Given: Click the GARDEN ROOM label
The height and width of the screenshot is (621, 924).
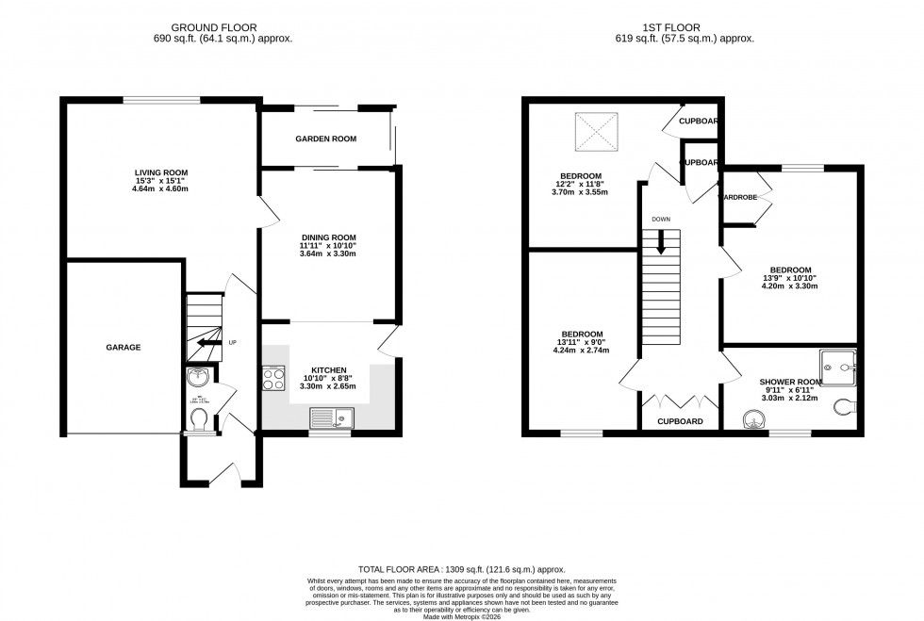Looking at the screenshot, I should (x=325, y=139).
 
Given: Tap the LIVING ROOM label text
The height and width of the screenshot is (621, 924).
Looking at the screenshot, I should (x=161, y=172).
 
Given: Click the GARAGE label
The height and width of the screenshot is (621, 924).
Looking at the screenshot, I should (x=123, y=348).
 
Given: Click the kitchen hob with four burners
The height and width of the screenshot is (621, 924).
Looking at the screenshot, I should (x=274, y=380).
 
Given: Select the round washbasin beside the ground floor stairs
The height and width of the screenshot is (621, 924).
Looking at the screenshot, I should (x=198, y=379).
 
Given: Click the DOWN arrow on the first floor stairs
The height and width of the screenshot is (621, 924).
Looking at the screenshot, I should (x=661, y=241).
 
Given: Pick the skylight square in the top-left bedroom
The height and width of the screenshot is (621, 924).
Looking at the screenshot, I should (x=596, y=130).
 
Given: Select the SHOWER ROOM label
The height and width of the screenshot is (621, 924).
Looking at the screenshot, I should (x=791, y=382).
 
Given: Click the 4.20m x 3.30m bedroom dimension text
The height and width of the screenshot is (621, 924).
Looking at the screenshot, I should (x=792, y=286).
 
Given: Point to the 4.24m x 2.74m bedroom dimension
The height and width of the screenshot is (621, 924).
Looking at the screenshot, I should (x=582, y=351).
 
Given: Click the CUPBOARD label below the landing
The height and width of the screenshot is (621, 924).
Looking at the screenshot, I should (x=680, y=421).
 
